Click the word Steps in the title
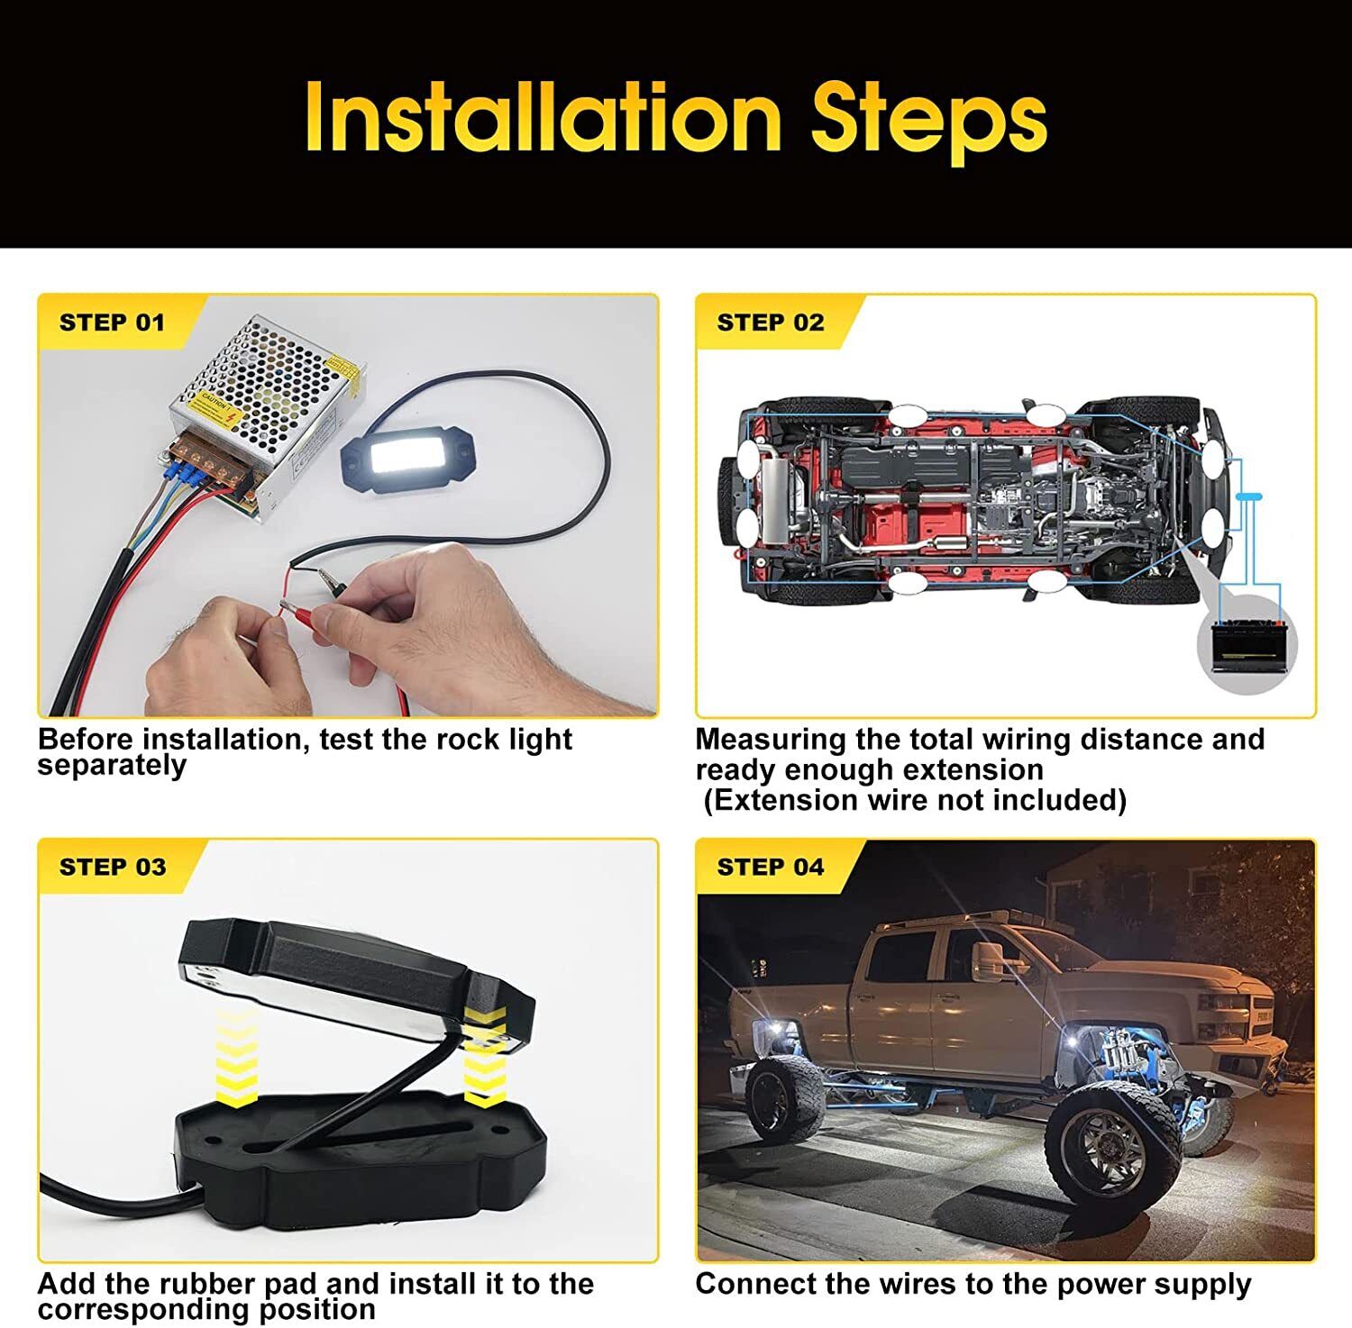coord(929,123)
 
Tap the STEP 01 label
coord(113,323)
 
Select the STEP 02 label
coord(771,323)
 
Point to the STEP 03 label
coord(113,867)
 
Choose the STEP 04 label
coord(771,867)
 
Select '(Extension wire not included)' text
coord(915,800)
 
